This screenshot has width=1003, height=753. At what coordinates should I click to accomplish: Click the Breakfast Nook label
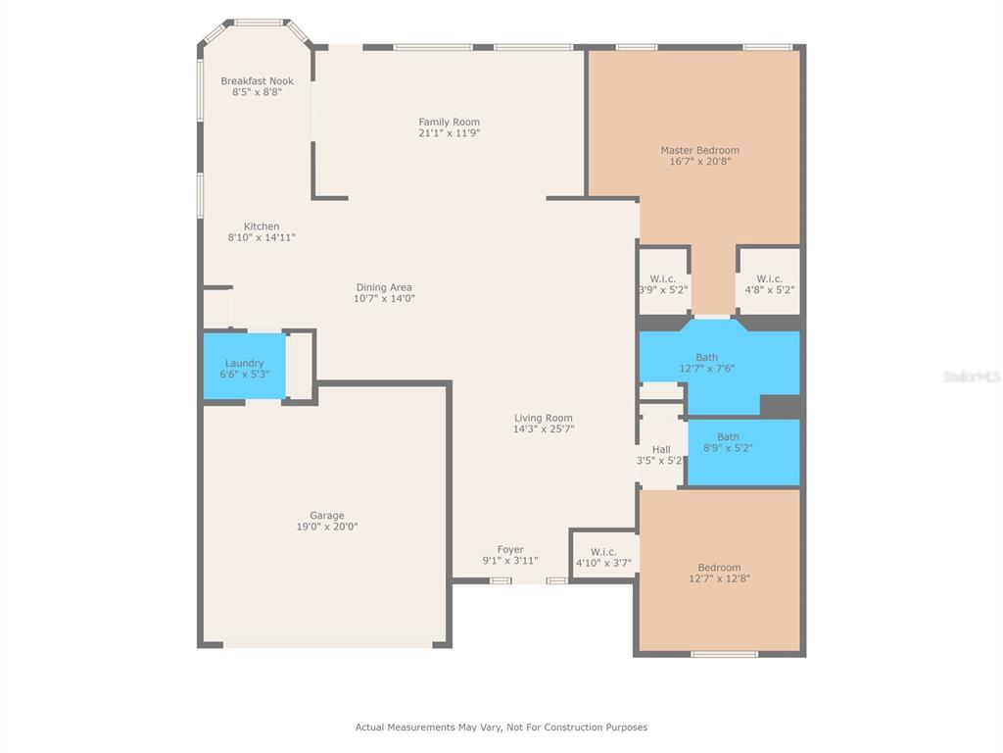pyautogui.click(x=258, y=81)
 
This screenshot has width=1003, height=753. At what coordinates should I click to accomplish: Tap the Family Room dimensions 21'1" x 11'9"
pyautogui.click(x=449, y=133)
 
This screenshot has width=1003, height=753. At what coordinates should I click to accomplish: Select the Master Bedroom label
pyautogui.click(x=699, y=150)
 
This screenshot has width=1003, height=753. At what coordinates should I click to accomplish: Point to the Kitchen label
pyautogui.click(x=262, y=226)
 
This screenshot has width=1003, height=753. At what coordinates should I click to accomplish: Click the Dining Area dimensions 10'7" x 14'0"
pyautogui.click(x=384, y=298)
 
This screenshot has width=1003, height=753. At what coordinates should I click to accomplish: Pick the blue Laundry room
pyautogui.click(x=244, y=367)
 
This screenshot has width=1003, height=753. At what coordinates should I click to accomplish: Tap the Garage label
pyautogui.click(x=327, y=516)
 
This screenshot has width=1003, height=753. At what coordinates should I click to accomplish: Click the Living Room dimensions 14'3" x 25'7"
pyautogui.click(x=544, y=429)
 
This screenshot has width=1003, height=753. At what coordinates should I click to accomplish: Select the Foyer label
pyautogui.click(x=510, y=549)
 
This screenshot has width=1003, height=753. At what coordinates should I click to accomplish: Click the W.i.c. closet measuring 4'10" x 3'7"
pyautogui.click(x=603, y=557)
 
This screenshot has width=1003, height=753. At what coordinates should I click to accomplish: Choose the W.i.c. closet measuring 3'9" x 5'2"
pyautogui.click(x=664, y=281)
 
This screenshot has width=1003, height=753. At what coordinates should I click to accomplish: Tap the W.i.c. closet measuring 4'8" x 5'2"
pyautogui.click(x=770, y=281)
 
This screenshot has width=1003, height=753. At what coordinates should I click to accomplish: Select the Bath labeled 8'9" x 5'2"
pyautogui.click(x=743, y=452)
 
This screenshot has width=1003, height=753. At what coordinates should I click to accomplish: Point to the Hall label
pyautogui.click(x=661, y=449)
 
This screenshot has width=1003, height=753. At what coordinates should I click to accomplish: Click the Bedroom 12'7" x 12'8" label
pyautogui.click(x=720, y=568)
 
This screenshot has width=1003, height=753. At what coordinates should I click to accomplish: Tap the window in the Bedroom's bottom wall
pyautogui.click(x=724, y=654)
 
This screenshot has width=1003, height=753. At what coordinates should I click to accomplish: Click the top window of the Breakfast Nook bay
pyautogui.click(x=259, y=24)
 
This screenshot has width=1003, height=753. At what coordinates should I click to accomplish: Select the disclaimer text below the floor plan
pyautogui.click(x=501, y=728)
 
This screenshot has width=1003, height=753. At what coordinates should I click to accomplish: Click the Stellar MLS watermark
pyautogui.click(x=971, y=376)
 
